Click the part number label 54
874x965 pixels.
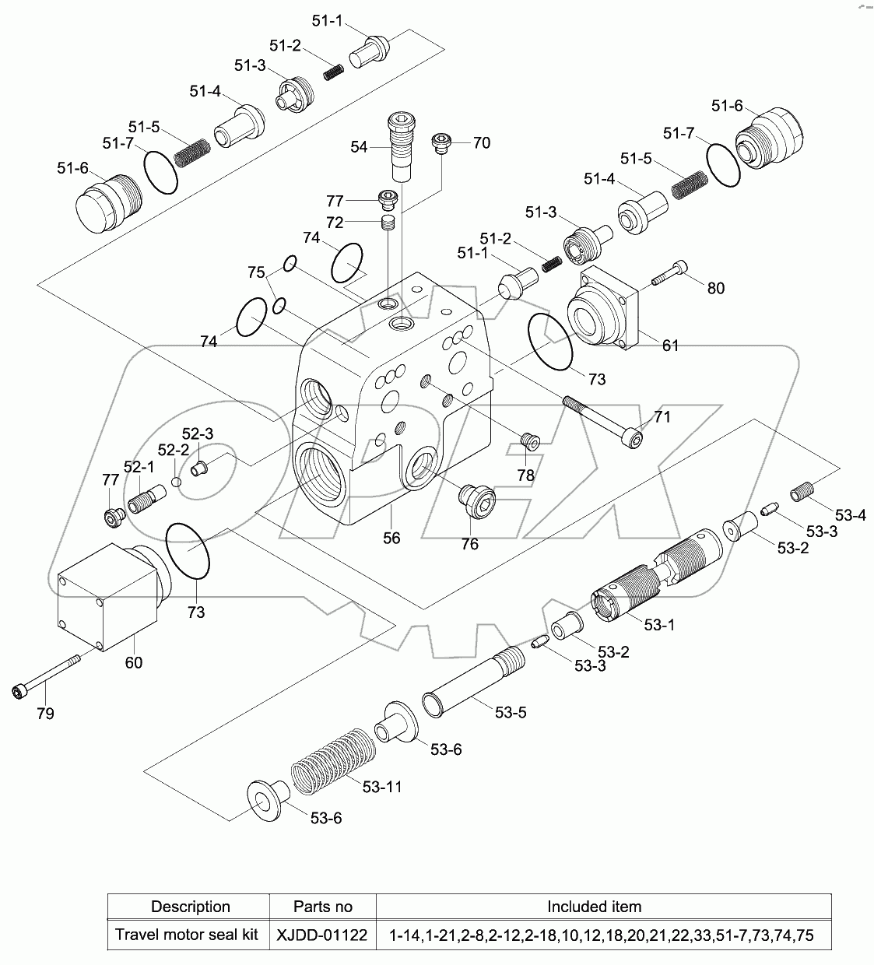click(358, 146)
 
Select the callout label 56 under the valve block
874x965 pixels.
click(391, 539)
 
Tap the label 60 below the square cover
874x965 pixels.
click(134, 662)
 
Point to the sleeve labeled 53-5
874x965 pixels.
click(475, 682)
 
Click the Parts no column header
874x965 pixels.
click(322, 907)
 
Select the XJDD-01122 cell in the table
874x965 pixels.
click(322, 935)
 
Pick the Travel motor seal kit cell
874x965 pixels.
click(187, 935)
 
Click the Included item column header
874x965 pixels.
click(594, 907)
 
